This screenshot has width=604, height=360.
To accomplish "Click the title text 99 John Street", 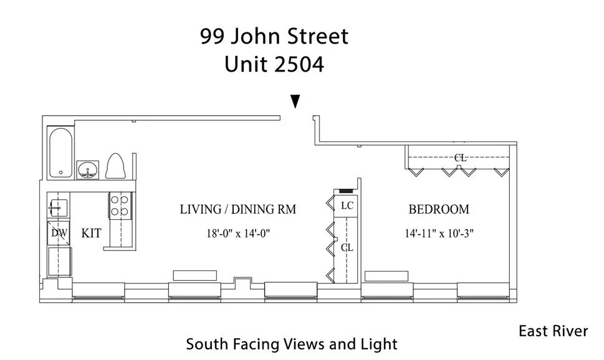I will coord(274,37).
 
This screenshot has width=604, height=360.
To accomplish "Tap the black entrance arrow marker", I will coord(295,102).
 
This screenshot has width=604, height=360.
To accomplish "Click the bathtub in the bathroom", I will coord(60,153).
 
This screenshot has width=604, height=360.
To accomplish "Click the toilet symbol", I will coord(117,166).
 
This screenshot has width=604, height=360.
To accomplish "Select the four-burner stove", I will coord(119,206).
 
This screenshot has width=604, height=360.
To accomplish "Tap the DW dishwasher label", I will coord(59,234).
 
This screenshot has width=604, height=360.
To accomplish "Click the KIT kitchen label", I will coord(91,234).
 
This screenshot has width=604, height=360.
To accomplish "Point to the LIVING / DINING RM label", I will coord(237,210).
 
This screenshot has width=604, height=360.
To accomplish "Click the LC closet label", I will coord(347,205).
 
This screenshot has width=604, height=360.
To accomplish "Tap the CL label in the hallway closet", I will coord(347,247).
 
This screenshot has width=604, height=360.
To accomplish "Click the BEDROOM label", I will coord(439,210).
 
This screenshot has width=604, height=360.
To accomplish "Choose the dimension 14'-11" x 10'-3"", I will coord(439,234).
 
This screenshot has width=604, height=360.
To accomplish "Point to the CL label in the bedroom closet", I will coord(460,158).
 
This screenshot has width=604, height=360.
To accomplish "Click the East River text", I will coord(553,331).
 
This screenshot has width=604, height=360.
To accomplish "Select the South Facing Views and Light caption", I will coord(291,344).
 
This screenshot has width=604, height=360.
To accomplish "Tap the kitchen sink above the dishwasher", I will coord(59,206).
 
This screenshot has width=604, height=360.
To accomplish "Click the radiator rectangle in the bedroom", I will coord(386,276).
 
